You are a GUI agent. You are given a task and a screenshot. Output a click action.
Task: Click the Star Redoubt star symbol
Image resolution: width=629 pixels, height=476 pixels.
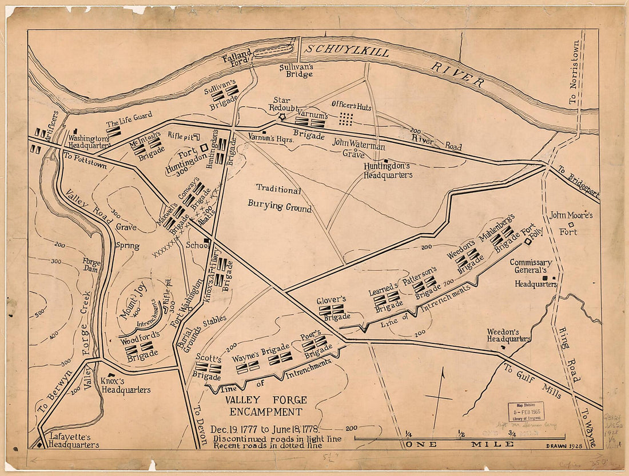[281, 117]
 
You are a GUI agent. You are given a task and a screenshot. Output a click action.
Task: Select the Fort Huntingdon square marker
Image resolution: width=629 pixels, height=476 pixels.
[204, 147]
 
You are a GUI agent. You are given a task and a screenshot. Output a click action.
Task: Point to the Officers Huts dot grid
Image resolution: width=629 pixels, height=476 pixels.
[345, 118]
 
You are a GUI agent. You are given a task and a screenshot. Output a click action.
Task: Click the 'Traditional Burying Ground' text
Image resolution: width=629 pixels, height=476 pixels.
[279, 198]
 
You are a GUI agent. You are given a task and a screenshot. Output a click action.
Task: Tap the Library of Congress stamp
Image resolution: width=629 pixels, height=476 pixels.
[526, 411]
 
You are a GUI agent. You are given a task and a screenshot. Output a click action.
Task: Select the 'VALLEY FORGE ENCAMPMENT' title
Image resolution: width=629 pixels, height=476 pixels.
[265, 406]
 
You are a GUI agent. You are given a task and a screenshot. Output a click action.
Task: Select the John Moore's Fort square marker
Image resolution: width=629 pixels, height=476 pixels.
[571, 225]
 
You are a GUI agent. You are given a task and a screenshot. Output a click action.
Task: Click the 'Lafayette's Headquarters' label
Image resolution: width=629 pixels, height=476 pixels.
[73, 445]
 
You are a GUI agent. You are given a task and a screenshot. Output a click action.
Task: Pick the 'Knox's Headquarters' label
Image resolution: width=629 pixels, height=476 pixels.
[125, 385]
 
